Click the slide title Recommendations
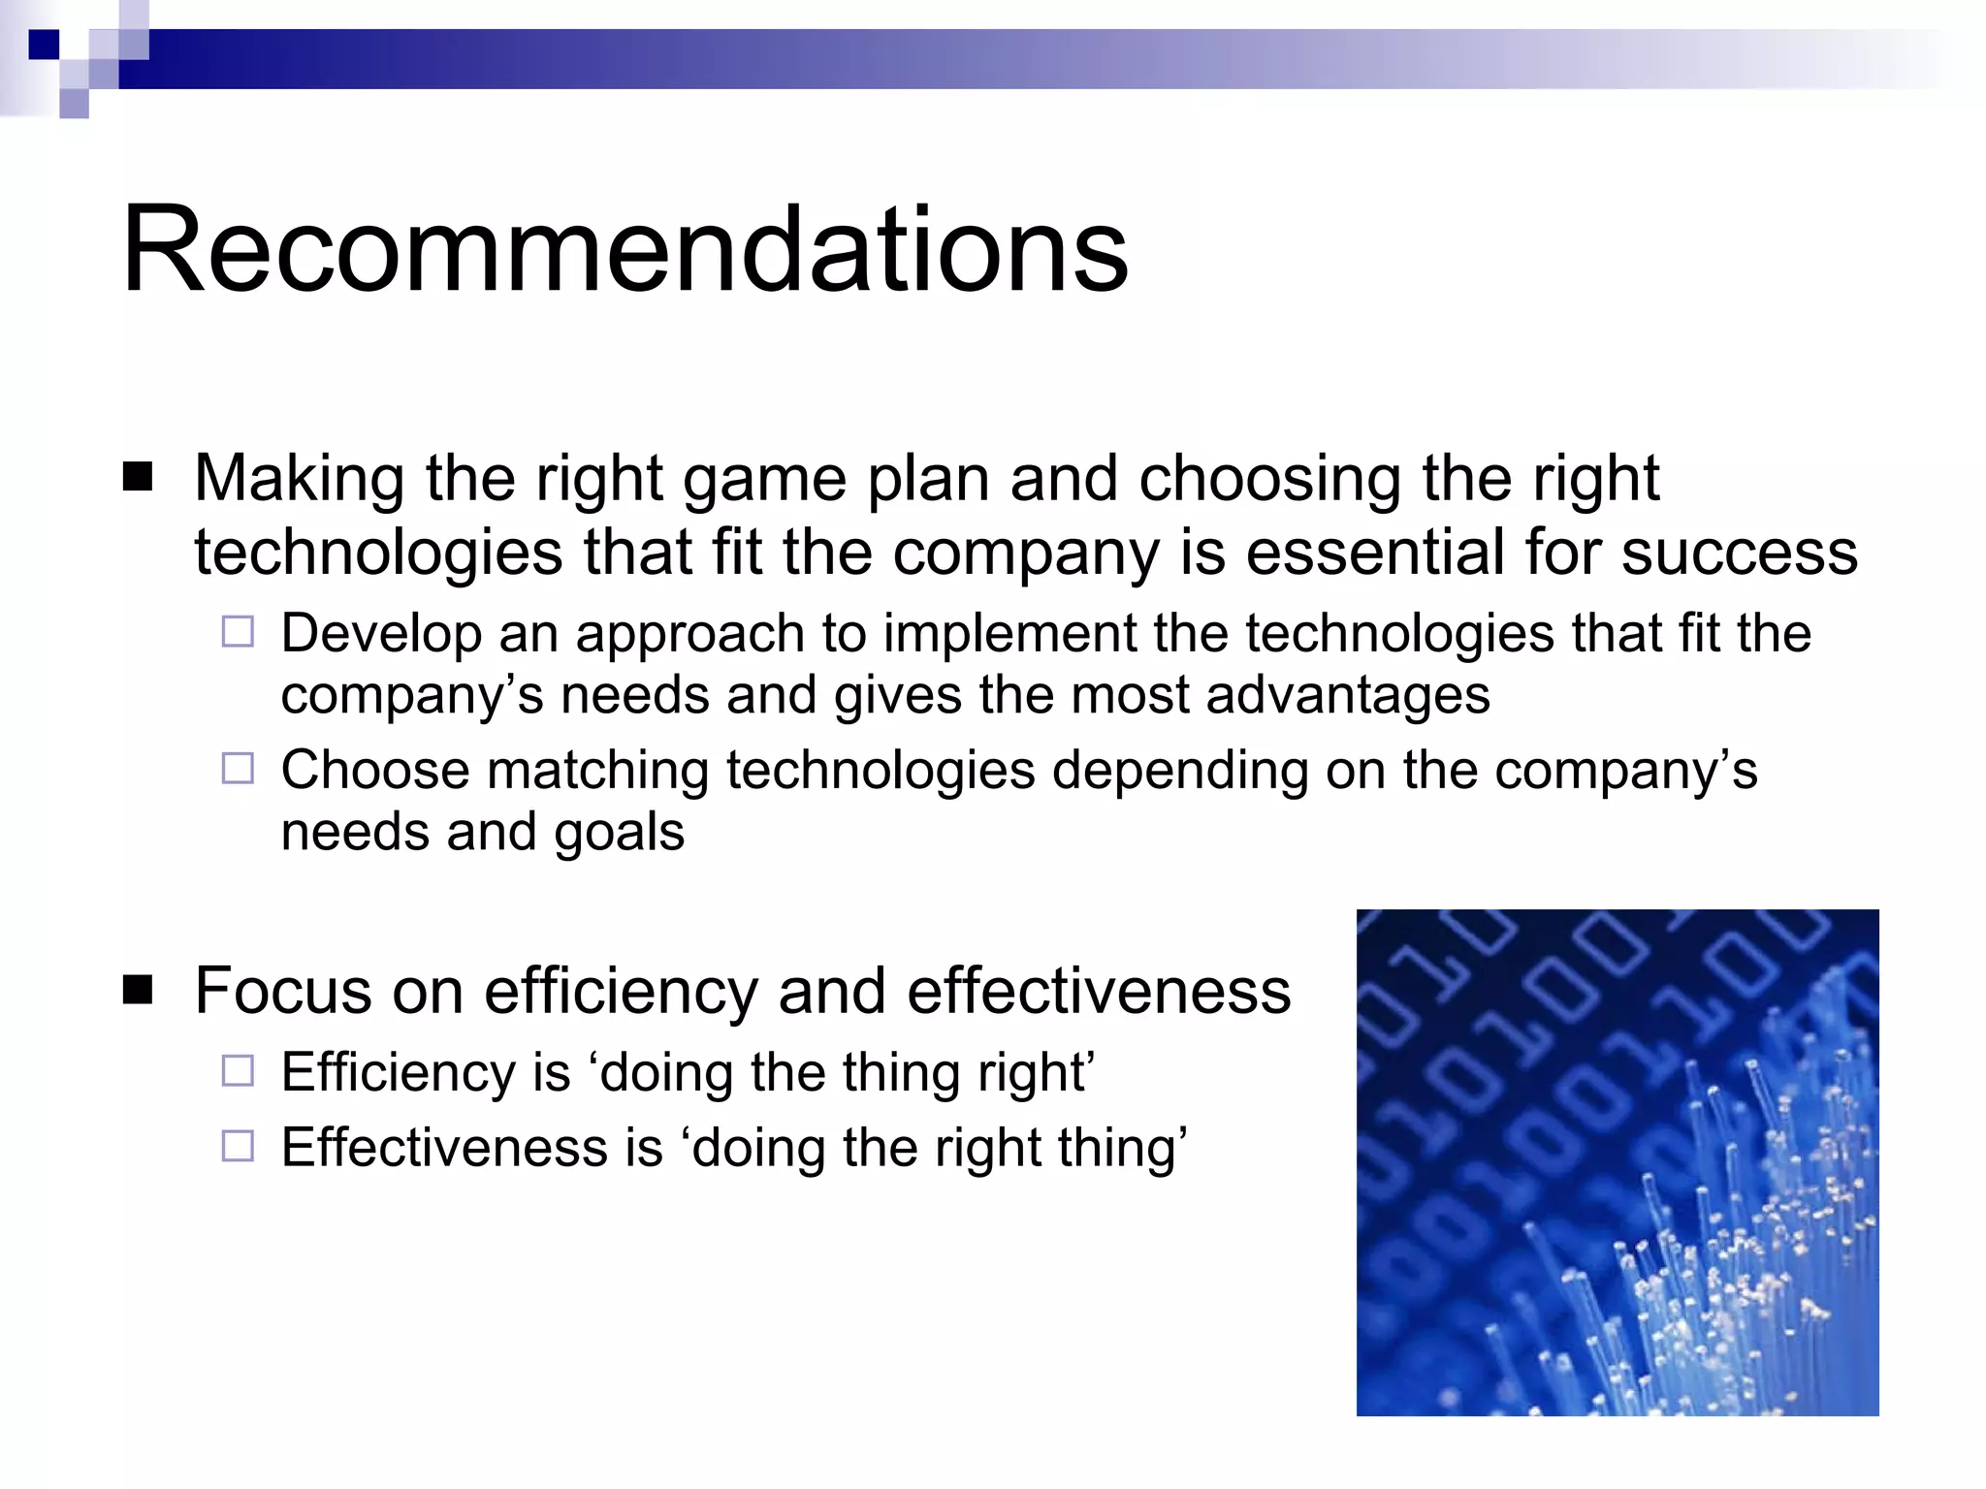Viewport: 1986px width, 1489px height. [x=625, y=249]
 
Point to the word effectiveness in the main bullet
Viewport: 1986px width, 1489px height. [x=1099, y=991]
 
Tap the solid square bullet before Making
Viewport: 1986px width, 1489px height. [x=139, y=478]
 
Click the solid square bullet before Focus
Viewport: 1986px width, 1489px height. [x=139, y=991]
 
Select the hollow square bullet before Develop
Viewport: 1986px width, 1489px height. [x=238, y=632]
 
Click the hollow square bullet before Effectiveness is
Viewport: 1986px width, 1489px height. [x=238, y=1147]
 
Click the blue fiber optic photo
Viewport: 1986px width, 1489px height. [x=1617, y=1162]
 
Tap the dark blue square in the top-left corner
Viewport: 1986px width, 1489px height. [x=44, y=45]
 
